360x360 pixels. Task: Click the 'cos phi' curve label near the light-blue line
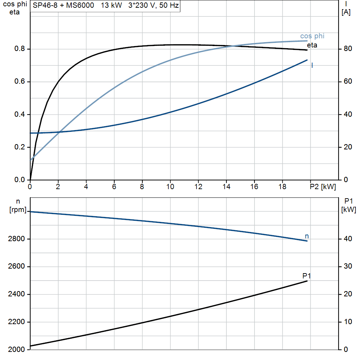pyautogui.click(x=312, y=36)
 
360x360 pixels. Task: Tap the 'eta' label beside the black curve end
pyautogui.click(x=312, y=45)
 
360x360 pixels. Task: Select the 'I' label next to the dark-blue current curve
pyautogui.click(x=312, y=65)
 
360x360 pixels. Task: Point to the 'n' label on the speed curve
pyautogui.click(x=307, y=236)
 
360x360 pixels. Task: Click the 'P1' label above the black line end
pyautogui.click(x=307, y=276)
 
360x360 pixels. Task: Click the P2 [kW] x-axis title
pyautogui.click(x=323, y=187)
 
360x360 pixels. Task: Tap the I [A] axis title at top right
pyautogui.click(x=346, y=8)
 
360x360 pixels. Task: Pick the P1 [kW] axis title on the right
pyautogui.click(x=348, y=206)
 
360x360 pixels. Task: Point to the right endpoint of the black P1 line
pyautogui.click(x=307, y=281)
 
